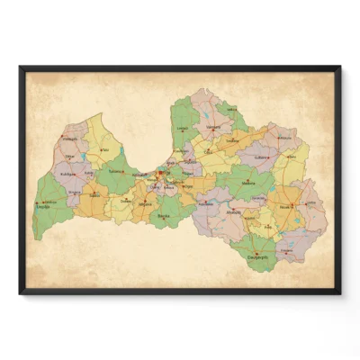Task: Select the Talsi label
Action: coord(103,150)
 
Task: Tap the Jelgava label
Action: coord(145,203)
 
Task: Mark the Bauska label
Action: coord(164,216)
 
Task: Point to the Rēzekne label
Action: coord(285,205)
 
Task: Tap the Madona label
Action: coord(248,184)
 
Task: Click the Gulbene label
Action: coord(264,157)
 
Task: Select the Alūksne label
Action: coord(286,137)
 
